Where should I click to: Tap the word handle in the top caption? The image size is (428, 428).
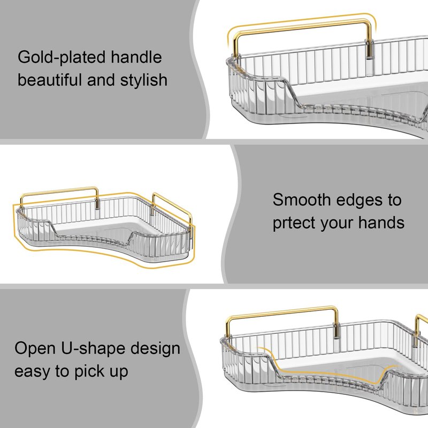[x=136, y=57]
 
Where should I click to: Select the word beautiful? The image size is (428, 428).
[x=50, y=80]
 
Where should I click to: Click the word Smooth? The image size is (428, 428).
[x=302, y=200]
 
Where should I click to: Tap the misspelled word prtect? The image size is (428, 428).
[x=294, y=223]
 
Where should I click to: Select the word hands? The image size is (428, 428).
[x=381, y=222]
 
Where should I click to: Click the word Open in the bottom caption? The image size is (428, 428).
[x=35, y=349]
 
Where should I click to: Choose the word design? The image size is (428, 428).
[x=155, y=349]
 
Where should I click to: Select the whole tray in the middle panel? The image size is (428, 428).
[x=104, y=227]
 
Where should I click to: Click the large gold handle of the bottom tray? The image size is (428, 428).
[x=282, y=311]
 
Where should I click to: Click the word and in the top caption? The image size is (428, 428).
[x=101, y=80]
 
